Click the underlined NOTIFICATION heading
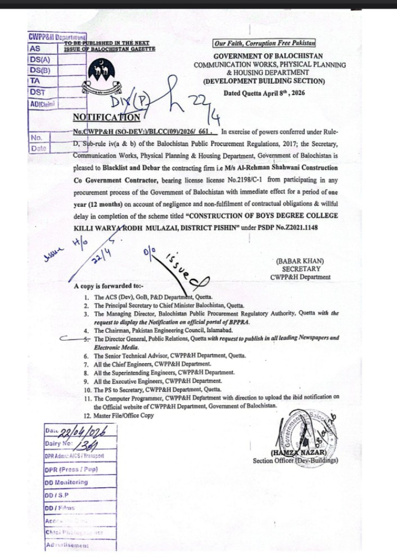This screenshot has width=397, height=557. point(106,117)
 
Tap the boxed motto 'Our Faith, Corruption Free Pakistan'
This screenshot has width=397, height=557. point(264,43)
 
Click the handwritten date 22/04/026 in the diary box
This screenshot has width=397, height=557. point(90,432)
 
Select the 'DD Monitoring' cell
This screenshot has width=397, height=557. point(66,482)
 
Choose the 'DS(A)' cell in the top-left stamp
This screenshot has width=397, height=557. point(39,60)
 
